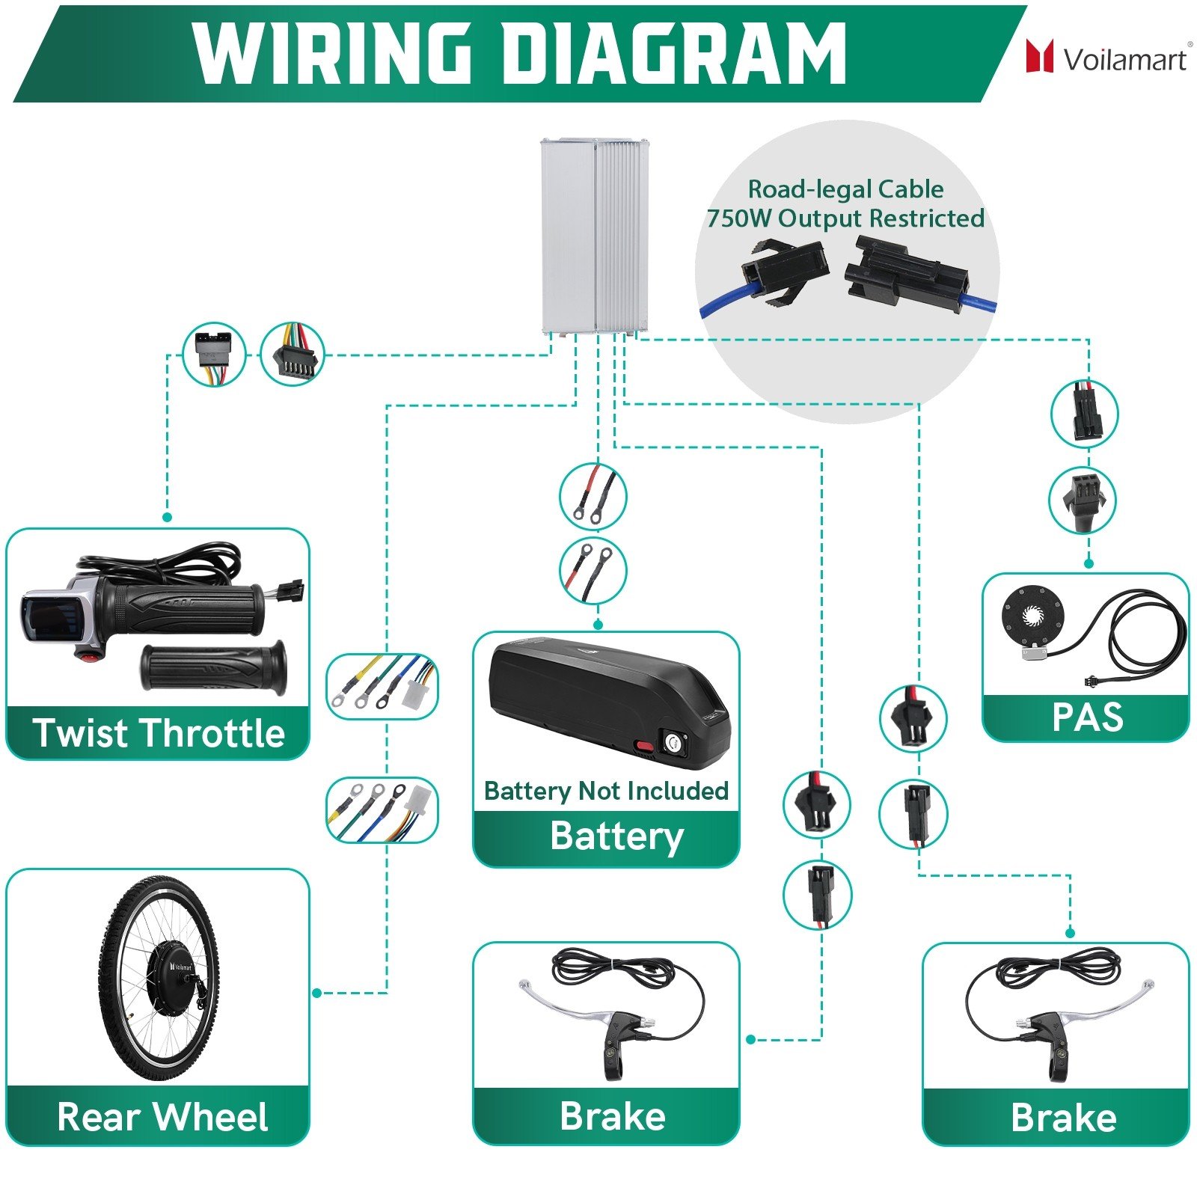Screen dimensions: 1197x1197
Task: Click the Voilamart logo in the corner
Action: tap(1107, 58)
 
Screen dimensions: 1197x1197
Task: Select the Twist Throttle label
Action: tap(158, 732)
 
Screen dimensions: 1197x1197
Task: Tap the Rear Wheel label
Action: tap(162, 1117)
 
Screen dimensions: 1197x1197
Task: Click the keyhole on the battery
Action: tap(675, 743)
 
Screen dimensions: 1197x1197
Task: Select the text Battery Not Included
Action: tap(606, 791)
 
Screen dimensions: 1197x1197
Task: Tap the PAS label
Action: tap(1087, 717)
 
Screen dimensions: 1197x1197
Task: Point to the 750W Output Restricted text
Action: tap(845, 218)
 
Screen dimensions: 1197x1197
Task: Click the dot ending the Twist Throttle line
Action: tap(167, 517)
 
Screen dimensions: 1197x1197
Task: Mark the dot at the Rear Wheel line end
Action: tap(316, 993)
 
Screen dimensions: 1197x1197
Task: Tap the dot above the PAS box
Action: tap(1089, 563)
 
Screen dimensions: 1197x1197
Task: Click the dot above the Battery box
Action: tap(598, 625)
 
